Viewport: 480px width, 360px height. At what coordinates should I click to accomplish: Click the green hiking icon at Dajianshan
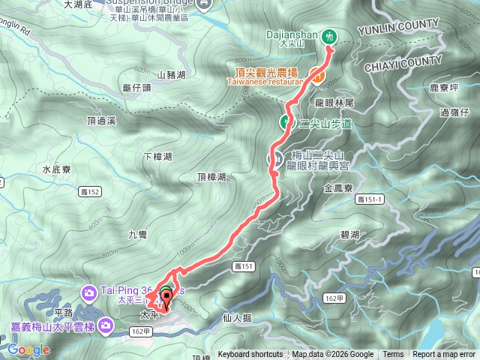(328, 35)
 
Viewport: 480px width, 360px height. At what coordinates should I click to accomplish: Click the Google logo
(28, 349)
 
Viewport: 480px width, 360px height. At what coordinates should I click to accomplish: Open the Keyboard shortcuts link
(250, 355)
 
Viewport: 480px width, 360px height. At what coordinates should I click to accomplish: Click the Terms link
(393, 355)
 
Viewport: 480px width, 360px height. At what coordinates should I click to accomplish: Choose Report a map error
(444, 355)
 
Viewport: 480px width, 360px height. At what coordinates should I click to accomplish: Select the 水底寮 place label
(56, 169)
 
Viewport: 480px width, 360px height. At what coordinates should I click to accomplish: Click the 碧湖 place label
(349, 235)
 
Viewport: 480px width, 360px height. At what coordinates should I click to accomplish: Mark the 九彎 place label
(137, 235)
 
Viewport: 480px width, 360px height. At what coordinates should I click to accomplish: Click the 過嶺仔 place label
(454, 112)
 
